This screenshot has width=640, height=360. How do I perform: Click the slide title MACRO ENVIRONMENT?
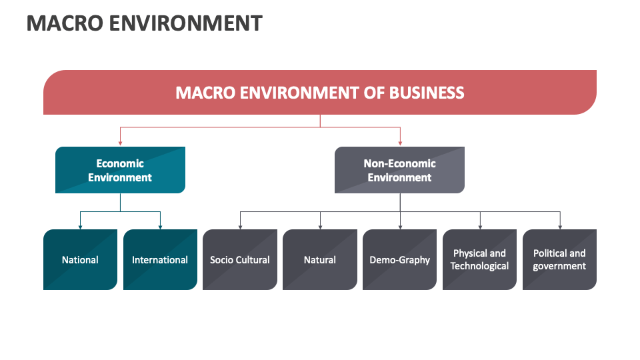point(144,23)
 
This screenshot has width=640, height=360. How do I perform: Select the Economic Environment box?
point(120,170)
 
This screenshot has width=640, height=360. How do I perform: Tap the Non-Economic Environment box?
point(399,170)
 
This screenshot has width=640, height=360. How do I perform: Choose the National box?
point(80,260)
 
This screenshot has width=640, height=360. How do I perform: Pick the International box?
point(160,260)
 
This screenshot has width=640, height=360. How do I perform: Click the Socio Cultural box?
point(240,260)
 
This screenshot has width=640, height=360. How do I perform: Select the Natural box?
point(320,260)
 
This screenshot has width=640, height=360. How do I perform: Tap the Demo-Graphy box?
point(400,260)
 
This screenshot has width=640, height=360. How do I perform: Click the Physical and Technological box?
point(479,260)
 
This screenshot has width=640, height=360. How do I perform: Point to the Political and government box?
point(559,260)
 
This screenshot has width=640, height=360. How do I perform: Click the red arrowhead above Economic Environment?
point(120,143)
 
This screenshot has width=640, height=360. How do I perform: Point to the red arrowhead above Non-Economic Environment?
point(400,143)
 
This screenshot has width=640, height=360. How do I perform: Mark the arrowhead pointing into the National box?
point(80,226)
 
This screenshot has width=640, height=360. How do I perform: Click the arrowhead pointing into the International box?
point(160,226)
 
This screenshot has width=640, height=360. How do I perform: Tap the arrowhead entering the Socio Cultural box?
point(240,226)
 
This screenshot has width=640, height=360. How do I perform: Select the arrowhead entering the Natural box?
point(320,226)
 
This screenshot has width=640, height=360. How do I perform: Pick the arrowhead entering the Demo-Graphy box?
point(400,226)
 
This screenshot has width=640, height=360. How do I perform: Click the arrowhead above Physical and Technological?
point(480,226)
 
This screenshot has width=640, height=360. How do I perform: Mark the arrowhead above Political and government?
point(560,226)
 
